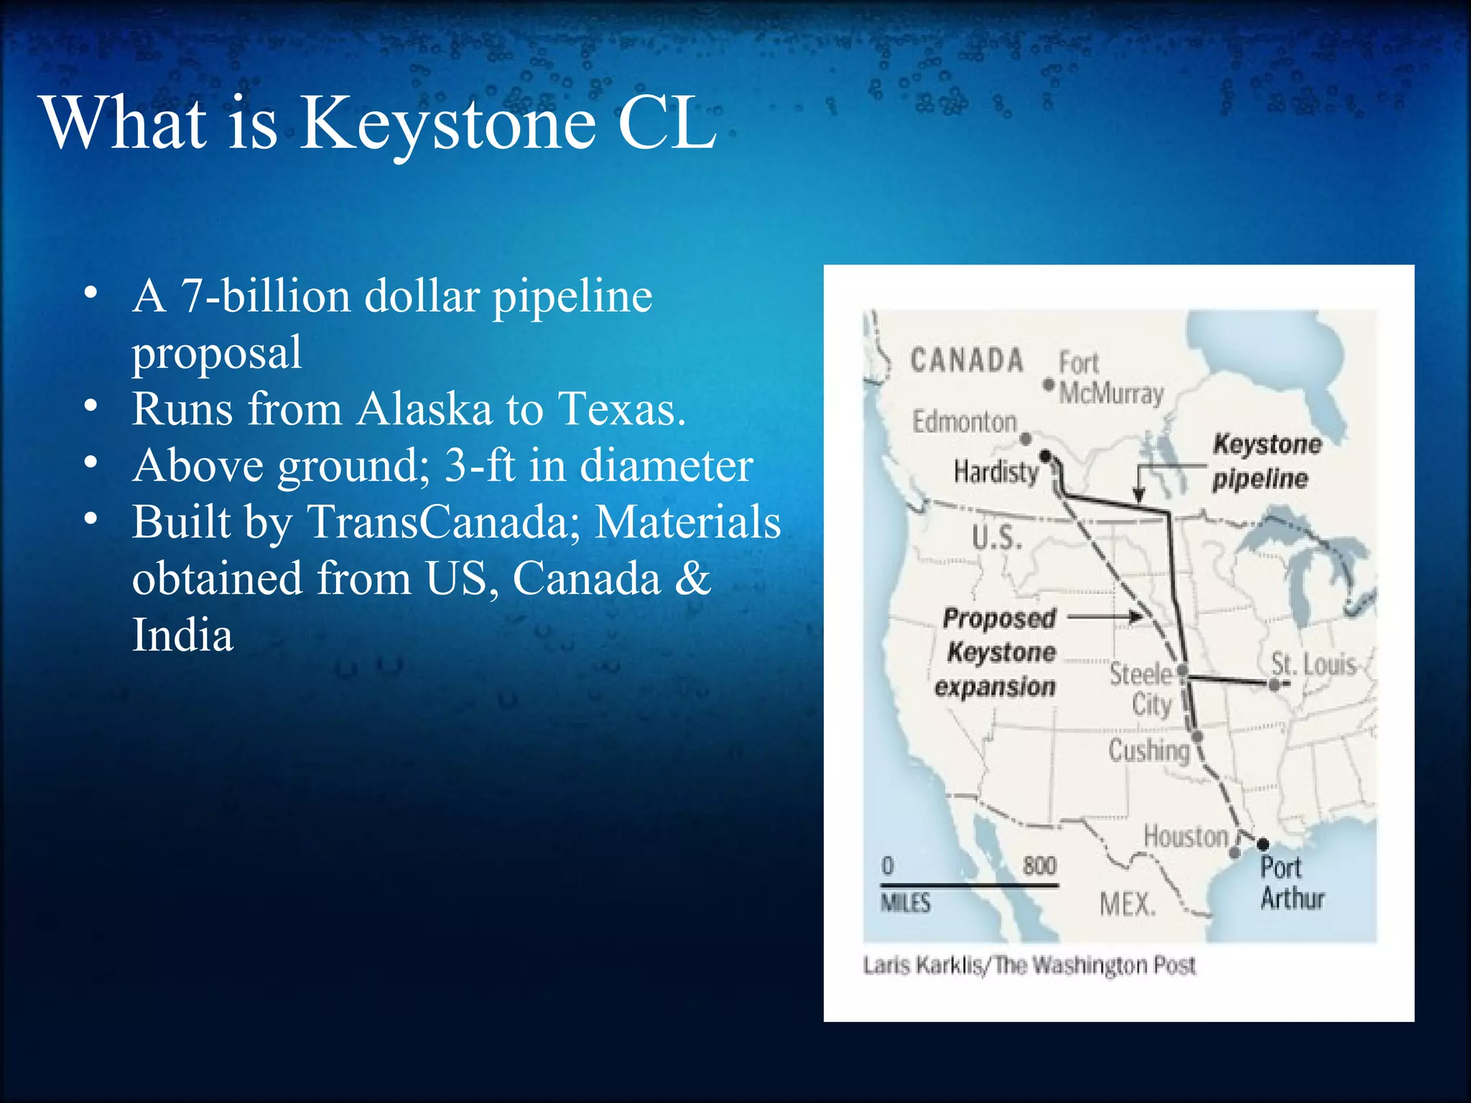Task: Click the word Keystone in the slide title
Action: click(447, 124)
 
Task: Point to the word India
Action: click(182, 636)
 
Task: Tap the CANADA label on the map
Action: click(967, 360)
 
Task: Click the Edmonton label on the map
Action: click(965, 422)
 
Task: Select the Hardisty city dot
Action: click(1046, 455)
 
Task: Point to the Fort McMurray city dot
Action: click(1049, 385)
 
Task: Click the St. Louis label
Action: click(1313, 664)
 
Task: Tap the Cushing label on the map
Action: click(1149, 750)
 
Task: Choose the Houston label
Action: click(1186, 837)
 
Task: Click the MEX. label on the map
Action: click(1128, 904)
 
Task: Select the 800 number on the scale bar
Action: click(1039, 865)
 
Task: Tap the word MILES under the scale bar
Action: click(906, 902)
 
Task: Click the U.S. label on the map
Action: click(997, 536)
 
